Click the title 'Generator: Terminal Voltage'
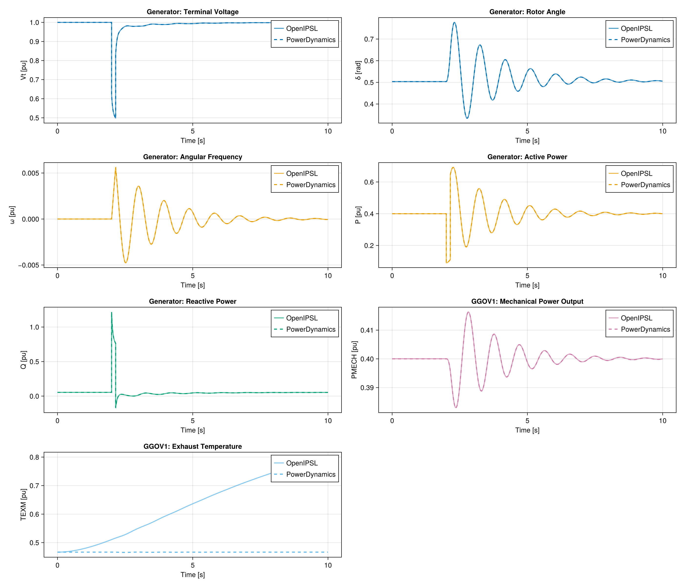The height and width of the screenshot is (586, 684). pos(192,12)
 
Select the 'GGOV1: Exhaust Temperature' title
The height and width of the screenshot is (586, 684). pos(192,446)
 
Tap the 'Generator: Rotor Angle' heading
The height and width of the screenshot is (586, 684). pos(527,12)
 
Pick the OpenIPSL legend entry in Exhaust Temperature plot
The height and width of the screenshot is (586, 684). pos(302,463)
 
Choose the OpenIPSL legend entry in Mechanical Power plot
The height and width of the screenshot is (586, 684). pos(636,318)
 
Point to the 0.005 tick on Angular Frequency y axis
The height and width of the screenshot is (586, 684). pos(30,173)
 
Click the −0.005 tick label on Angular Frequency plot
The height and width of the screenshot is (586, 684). pos(29,265)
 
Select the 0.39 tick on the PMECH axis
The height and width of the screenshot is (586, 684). pos(367,388)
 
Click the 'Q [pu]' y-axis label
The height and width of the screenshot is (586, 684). pos(23,360)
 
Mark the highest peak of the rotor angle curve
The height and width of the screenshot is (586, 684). pos(455,22)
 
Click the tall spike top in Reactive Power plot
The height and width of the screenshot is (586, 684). pos(112,313)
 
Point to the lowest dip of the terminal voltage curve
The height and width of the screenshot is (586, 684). pos(115,117)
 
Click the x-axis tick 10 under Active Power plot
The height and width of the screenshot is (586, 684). pos(663,276)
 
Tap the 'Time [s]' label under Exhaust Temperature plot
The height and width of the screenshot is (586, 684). pos(192,575)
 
